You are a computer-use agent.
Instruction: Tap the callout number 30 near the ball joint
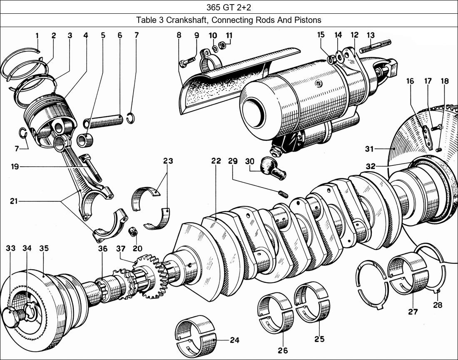click(249, 161)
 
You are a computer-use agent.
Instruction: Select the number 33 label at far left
click(11, 248)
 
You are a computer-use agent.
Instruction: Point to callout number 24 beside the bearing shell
click(234, 340)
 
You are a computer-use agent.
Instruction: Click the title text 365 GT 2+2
click(229, 7)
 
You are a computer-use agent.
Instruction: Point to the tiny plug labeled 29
click(283, 193)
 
